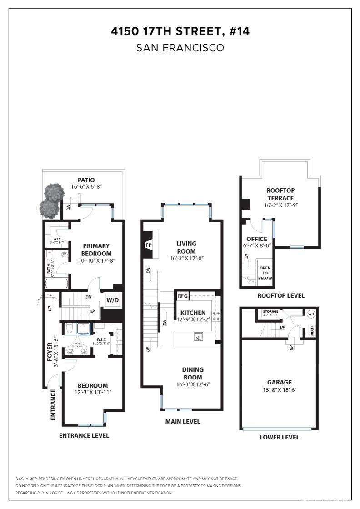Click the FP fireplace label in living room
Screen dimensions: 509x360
[148, 245]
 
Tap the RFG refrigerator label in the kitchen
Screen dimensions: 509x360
[182, 296]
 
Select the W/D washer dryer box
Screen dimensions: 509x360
[112, 300]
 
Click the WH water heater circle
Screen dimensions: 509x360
[311, 314]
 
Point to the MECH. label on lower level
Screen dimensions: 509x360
[312, 331]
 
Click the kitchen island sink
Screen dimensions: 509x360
[198, 337]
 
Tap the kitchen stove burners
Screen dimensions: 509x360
[216, 316]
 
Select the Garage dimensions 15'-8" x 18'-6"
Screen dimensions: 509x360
[280, 389]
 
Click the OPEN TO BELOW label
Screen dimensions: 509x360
[265, 273]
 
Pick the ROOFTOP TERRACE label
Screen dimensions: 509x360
[280, 195]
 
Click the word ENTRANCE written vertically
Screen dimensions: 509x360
[53, 404]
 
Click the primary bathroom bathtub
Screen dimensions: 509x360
[57, 284]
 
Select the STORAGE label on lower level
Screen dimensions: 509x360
[270, 312]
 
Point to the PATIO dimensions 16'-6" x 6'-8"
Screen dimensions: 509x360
[86, 187]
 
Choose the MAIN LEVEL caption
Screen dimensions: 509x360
[182, 422]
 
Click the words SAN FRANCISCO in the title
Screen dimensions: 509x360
[180, 48]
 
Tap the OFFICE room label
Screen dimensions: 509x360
[257, 239]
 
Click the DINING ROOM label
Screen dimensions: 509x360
[193, 373]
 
